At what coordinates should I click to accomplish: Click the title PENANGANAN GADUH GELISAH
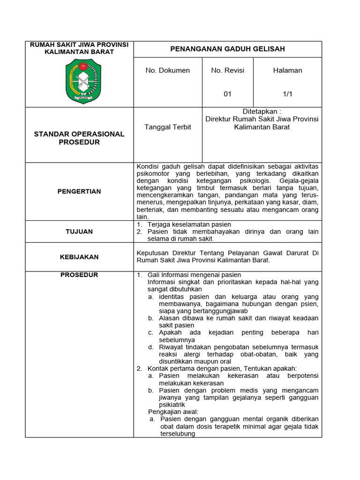(227, 49)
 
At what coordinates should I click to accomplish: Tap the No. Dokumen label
(167, 70)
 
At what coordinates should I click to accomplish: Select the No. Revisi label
(227, 70)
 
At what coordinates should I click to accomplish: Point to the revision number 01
(227, 94)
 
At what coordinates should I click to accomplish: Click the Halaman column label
(287, 70)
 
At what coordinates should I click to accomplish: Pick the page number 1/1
(287, 94)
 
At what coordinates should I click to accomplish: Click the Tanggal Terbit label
(168, 127)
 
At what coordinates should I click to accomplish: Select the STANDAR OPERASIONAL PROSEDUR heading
(79, 138)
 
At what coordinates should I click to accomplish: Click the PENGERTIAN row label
(79, 191)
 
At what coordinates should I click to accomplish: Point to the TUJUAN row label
(79, 232)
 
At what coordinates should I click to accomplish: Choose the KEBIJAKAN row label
(79, 257)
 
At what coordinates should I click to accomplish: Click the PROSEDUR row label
(79, 275)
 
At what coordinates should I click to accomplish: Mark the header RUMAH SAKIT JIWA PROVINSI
(79, 45)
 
